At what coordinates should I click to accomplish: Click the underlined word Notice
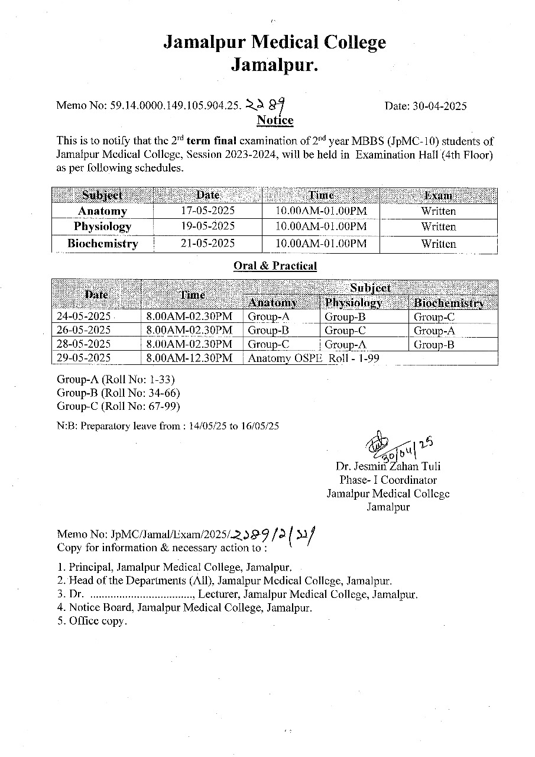[x=275, y=121]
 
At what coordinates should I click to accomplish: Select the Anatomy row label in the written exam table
[x=102, y=211]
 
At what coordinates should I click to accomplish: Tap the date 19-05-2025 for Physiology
[x=207, y=227]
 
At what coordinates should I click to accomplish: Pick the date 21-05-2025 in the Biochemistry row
[x=207, y=243]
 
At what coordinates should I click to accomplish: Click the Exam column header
[x=438, y=196]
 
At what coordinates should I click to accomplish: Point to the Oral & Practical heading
[x=275, y=266]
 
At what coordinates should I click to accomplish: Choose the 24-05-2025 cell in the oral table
[x=83, y=316]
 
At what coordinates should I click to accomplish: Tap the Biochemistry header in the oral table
[x=449, y=303]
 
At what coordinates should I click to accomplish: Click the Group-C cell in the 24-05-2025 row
[x=434, y=316]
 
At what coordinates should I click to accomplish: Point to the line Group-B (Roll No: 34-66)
[x=118, y=393]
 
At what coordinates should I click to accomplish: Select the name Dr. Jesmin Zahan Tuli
[x=388, y=467]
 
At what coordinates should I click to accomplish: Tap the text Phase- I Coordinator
[x=388, y=480]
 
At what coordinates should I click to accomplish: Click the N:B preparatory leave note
[x=167, y=425]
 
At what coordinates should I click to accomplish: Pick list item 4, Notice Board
[x=184, y=607]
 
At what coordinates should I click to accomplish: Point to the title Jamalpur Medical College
[x=274, y=43]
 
